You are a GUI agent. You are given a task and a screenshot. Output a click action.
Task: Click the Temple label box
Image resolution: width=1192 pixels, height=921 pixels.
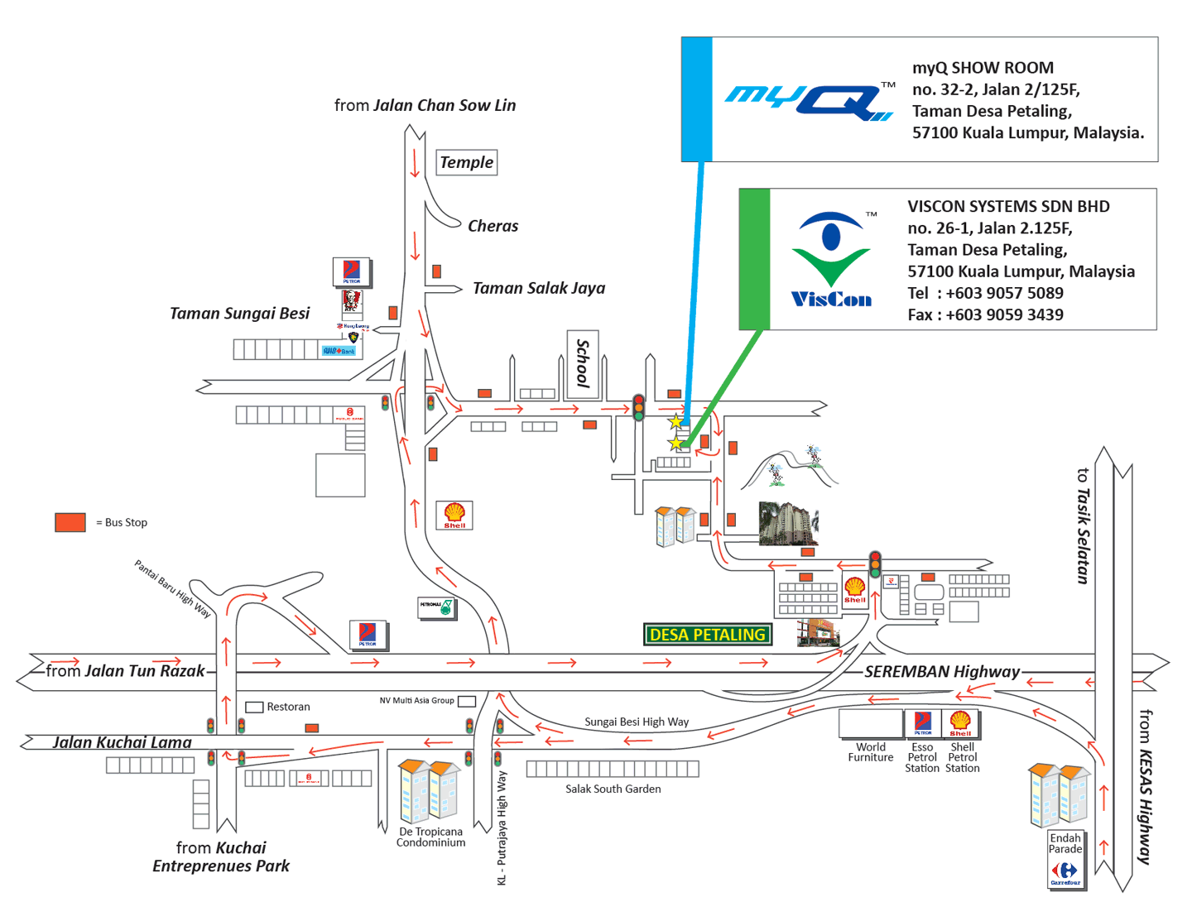point(466,163)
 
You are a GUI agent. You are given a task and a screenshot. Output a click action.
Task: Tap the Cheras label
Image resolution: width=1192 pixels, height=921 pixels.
point(493,226)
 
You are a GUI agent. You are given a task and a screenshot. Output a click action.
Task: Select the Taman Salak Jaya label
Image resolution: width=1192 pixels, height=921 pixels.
point(539,288)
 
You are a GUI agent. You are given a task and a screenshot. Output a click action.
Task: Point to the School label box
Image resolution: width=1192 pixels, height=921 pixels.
point(583,364)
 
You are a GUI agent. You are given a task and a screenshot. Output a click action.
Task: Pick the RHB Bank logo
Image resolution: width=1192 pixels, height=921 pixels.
point(339,351)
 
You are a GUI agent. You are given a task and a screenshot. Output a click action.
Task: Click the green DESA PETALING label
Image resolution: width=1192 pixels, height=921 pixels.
point(708,635)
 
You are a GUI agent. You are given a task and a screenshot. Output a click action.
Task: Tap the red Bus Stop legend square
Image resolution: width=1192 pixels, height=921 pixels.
point(70,522)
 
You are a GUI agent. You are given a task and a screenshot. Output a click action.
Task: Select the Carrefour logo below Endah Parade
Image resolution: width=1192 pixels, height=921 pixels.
point(1065,873)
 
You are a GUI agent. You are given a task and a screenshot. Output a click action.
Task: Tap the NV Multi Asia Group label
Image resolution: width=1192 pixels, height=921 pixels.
point(416,701)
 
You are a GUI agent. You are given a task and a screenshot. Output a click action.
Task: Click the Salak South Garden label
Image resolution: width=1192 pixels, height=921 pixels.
point(613,789)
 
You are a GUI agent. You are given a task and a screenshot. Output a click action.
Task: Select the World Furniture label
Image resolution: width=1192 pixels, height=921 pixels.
point(871,752)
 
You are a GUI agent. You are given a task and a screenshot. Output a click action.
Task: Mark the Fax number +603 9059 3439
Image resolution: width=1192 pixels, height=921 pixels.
point(985,314)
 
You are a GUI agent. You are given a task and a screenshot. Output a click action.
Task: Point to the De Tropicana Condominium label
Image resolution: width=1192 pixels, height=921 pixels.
point(430,837)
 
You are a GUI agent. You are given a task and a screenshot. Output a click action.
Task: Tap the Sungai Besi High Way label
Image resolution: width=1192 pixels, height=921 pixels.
point(637,722)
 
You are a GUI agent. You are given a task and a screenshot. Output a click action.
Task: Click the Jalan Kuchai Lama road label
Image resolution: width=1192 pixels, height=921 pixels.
point(123,742)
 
